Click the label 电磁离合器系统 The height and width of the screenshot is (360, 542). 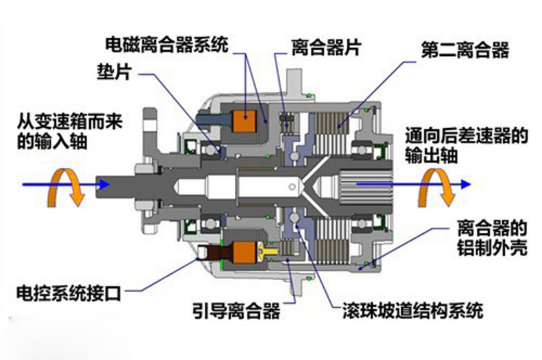167,45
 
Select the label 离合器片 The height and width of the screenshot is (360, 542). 327,47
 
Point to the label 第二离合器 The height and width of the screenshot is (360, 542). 465,50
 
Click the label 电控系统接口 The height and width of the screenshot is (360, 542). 69,294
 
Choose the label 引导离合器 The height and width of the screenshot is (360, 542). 236,311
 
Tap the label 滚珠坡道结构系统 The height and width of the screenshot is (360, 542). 413,311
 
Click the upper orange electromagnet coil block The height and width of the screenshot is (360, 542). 245,121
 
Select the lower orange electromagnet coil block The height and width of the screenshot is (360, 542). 245,252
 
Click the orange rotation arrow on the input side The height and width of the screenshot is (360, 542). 66,186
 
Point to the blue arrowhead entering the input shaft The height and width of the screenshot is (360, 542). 104,184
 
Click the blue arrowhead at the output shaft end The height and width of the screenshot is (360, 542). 465,184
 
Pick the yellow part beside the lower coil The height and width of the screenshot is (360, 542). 268,250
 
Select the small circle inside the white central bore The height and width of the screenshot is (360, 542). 292,187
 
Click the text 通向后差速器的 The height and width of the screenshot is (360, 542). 467,136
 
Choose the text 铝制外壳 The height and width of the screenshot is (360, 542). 493,247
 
